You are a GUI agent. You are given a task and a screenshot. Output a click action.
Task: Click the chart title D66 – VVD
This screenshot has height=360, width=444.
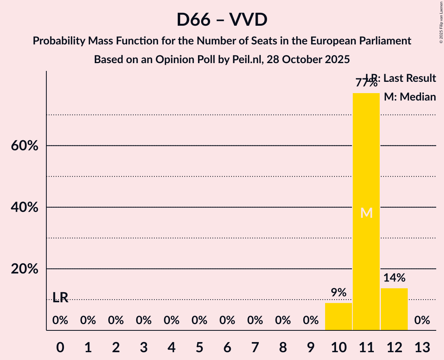click(222, 20)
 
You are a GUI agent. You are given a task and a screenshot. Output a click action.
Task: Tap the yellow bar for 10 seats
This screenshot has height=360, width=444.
click(338, 316)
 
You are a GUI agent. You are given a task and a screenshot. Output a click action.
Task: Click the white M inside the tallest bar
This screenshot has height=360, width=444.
click(366, 213)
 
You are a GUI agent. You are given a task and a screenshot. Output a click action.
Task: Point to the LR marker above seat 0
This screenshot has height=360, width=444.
click(60, 298)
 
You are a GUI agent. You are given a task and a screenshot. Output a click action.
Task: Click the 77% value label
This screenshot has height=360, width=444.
click(366, 83)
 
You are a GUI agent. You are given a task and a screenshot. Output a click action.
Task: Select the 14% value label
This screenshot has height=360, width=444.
click(394, 278)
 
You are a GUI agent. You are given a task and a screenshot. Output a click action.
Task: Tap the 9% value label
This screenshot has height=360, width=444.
click(338, 293)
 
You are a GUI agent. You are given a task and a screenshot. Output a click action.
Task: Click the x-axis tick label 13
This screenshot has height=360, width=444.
click(422, 346)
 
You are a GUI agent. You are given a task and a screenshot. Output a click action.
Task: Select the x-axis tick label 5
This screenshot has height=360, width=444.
click(199, 346)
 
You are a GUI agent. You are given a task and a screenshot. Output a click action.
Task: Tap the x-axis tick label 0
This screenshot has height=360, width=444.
click(60, 346)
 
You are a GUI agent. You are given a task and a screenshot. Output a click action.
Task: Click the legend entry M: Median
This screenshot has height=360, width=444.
click(410, 97)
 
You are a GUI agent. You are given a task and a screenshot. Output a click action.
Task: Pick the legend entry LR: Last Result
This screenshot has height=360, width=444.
click(401, 78)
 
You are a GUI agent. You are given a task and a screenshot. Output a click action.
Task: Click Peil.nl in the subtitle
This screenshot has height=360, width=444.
click(248, 60)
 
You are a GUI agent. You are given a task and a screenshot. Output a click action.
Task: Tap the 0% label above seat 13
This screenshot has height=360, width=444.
click(422, 320)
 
